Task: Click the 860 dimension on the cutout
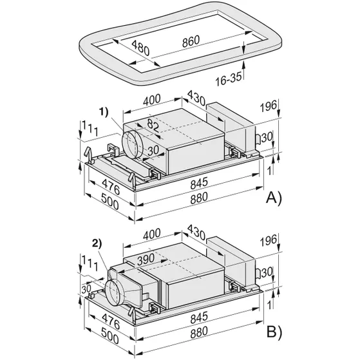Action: (191, 42)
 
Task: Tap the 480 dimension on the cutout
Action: (140, 48)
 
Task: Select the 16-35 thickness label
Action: (229, 79)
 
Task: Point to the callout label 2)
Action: (97, 243)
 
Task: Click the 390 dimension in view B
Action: (146, 260)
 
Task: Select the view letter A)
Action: (274, 198)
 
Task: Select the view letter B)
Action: (274, 332)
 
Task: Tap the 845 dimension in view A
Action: (199, 183)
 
